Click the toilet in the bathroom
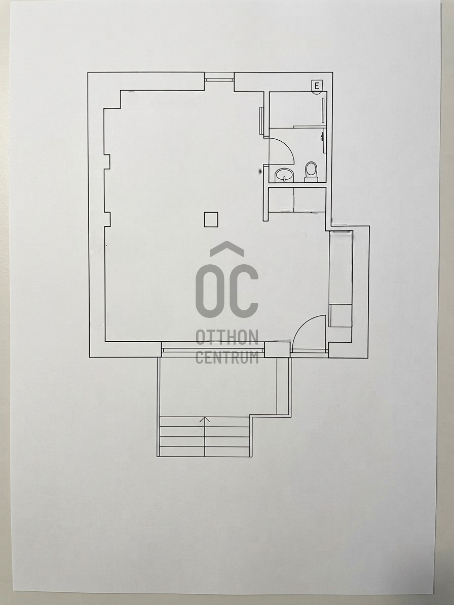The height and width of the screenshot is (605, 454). coord(311,172)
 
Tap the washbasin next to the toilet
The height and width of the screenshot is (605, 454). coord(285,175)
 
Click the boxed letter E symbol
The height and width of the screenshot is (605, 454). coord(317,86)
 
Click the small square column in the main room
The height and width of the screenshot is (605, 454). coord(211,219)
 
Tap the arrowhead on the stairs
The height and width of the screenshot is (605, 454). coord(205,419)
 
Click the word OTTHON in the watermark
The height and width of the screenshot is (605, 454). coord(226,337)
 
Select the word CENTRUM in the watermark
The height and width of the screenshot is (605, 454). coord(226,357)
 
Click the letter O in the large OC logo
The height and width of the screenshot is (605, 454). coord(210,291)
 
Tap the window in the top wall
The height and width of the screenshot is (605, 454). coord(219,79)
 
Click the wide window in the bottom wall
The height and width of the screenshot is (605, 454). coord(213,350)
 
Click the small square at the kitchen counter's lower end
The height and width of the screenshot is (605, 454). coord(340,315)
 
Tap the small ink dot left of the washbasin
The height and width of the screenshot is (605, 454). coord(260,170)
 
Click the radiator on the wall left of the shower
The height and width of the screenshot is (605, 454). coord(261,121)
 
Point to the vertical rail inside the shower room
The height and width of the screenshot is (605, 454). coord(323,110)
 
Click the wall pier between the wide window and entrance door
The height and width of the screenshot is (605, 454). coord(277,349)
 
